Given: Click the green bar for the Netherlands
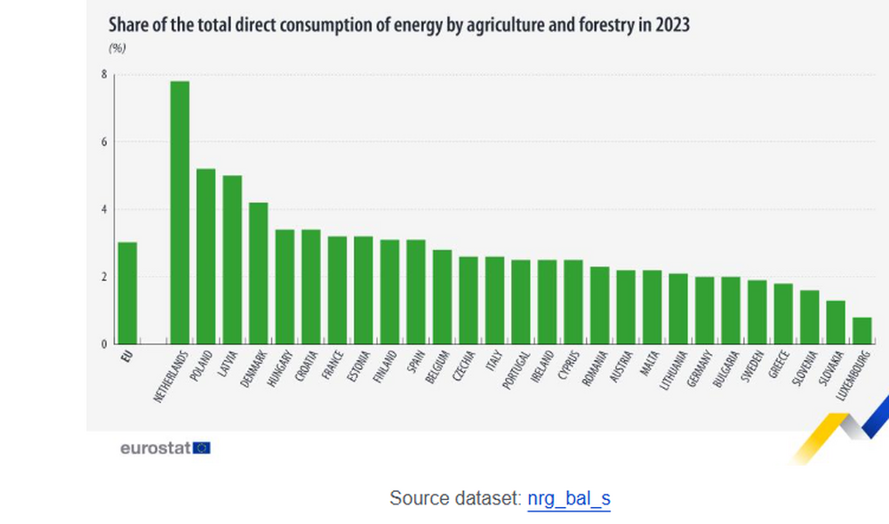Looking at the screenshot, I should click(x=180, y=213).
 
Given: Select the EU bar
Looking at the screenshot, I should click(x=127, y=293).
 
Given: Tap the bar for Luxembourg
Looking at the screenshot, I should click(x=861, y=330).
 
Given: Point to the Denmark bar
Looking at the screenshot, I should click(x=258, y=273).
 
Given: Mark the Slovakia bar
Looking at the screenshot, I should click(x=836, y=322).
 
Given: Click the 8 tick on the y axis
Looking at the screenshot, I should click(x=104, y=75).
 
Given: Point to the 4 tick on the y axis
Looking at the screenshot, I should click(x=104, y=210).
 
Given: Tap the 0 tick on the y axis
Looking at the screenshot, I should click(x=104, y=344).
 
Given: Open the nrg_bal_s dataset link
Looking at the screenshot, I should click(x=568, y=499).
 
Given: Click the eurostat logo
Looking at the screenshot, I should click(x=165, y=447).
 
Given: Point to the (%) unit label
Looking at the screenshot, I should click(x=116, y=48).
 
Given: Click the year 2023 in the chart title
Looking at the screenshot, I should click(x=670, y=25).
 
